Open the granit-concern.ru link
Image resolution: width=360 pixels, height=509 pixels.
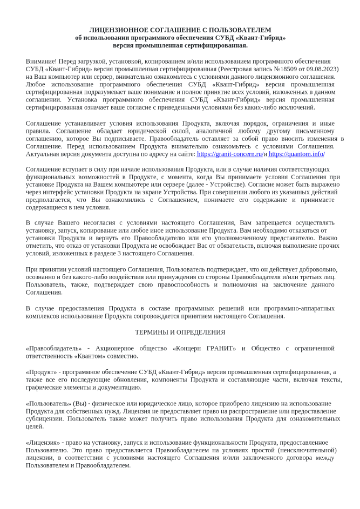pos(230,154)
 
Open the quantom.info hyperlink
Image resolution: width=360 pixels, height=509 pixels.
pos(297,154)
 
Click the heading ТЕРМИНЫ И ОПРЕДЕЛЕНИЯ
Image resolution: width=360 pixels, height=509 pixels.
pos(180,332)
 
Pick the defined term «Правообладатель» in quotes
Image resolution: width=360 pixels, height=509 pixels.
pos(54,348)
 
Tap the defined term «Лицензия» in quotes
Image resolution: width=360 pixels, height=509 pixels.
pos(44,443)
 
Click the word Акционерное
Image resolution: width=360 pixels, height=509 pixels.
pos(121,348)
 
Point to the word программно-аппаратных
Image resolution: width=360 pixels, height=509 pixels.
pos(301,308)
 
